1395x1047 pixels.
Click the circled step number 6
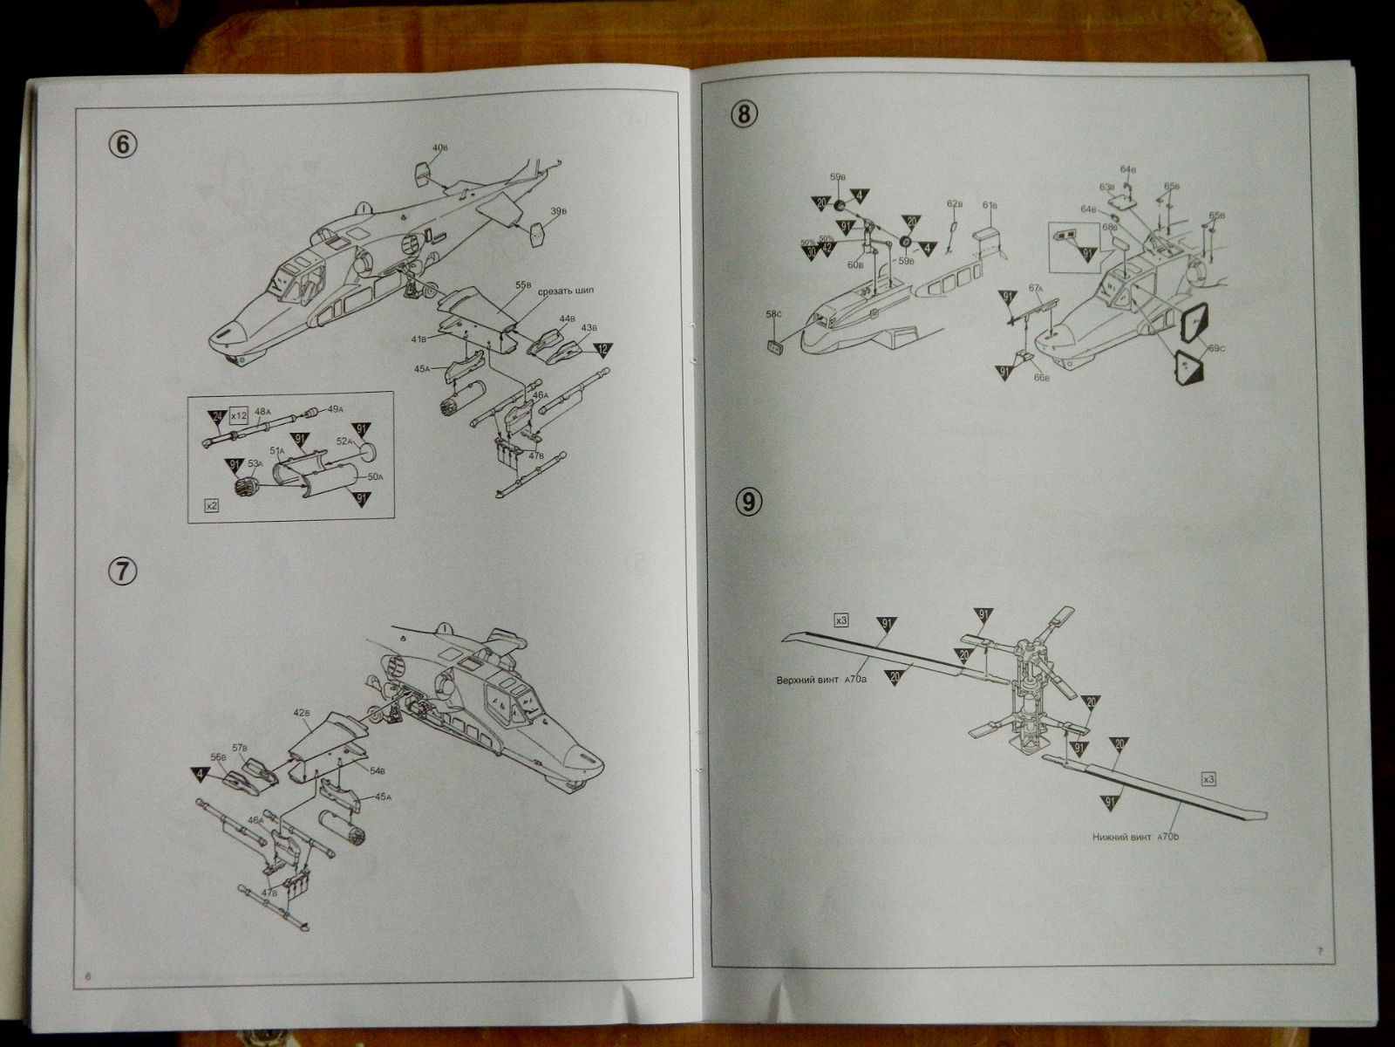tap(122, 144)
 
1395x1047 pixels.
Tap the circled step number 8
tap(747, 113)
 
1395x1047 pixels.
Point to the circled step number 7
tap(122, 571)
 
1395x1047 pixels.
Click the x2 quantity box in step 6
tap(210, 505)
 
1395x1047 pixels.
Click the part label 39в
tap(559, 211)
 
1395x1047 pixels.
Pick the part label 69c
tap(1216, 349)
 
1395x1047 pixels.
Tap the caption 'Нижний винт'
tap(1120, 837)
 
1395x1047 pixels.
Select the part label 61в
tap(989, 205)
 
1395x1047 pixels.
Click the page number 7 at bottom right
tap(1319, 951)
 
